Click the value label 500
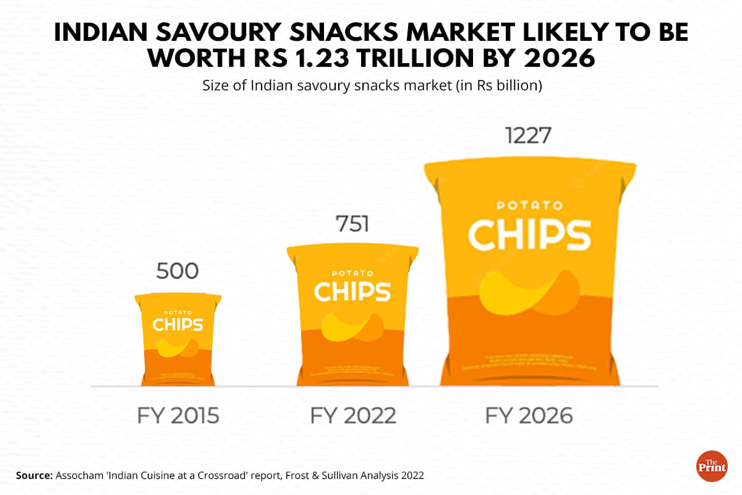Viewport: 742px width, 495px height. pyautogui.click(x=177, y=272)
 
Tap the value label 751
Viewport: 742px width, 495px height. pyautogui.click(x=352, y=224)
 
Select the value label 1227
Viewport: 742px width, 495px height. pyautogui.click(x=528, y=136)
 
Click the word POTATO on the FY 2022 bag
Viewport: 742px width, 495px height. pyautogui.click(x=352, y=272)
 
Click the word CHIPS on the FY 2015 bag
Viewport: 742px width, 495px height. pyautogui.click(x=178, y=324)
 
